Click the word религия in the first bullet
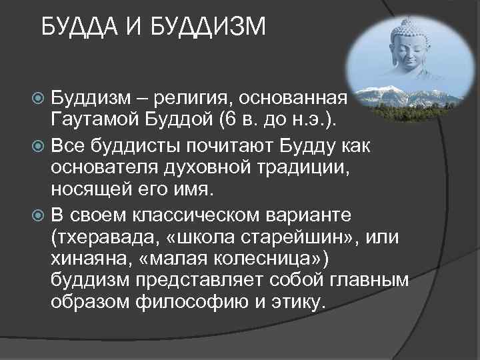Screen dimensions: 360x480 coord(191,99)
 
